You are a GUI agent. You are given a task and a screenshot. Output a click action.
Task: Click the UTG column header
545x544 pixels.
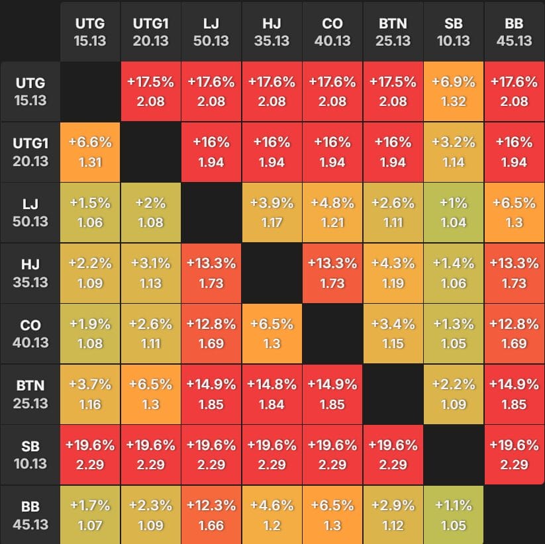[x=90, y=31]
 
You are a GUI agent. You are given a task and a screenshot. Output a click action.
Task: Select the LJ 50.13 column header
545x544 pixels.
[x=211, y=31]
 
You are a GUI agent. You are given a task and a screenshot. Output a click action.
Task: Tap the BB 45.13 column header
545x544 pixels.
[x=514, y=31]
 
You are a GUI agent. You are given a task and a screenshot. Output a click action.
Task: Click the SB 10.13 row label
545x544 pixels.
[x=30, y=455]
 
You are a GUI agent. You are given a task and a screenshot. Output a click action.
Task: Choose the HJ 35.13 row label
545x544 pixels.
[x=30, y=273]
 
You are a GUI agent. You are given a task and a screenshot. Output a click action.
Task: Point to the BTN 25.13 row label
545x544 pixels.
[x=30, y=394]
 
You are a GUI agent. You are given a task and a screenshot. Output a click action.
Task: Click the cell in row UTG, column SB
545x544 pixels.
[x=454, y=92]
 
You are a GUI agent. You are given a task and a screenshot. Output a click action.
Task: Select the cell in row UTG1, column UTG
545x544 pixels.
[x=90, y=152]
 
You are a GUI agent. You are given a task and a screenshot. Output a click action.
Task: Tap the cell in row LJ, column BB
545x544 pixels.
[x=514, y=213]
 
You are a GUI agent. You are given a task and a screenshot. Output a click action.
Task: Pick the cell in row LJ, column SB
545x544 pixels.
[x=454, y=213]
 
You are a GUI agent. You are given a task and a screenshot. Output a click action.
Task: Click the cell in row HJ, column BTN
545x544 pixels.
[x=393, y=273]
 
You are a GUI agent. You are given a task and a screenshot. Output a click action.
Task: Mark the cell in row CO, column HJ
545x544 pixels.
[x=272, y=334]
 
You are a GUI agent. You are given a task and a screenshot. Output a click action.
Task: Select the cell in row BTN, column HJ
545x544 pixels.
[x=272, y=394]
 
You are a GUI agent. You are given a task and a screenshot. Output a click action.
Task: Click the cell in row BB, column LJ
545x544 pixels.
[x=211, y=515]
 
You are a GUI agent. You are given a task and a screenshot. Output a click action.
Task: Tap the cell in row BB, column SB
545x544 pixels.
[x=454, y=515]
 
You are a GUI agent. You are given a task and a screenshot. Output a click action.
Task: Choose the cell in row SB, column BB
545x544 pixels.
[x=514, y=455]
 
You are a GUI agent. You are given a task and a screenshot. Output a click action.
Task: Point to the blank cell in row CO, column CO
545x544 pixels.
[x=332, y=334]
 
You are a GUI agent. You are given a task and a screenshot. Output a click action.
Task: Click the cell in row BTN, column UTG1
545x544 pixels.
[x=150, y=394]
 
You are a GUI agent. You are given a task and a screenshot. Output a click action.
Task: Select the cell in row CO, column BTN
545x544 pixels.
[x=393, y=334]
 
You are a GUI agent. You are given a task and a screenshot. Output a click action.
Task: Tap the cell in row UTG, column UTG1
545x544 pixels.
[x=150, y=92]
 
